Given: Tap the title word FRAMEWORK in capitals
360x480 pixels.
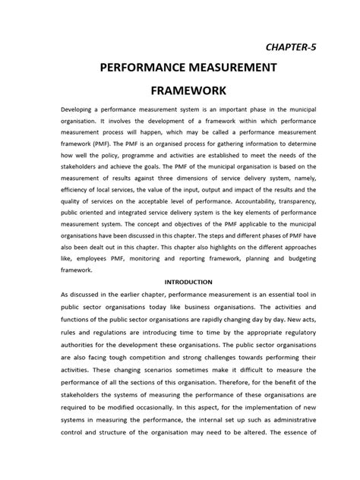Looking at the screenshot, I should [x=180, y=99].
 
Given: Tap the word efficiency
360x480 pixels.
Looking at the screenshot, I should [x=79, y=185].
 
